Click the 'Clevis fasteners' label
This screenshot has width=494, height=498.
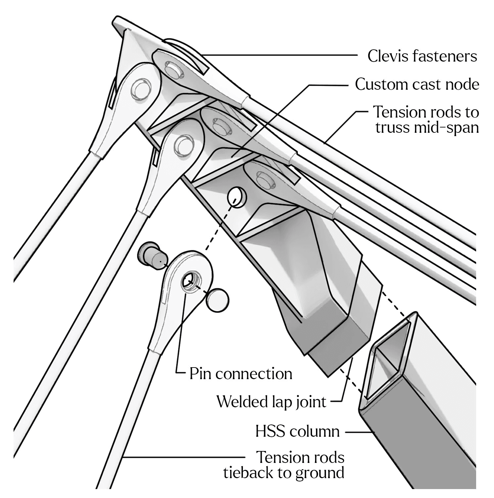pyautogui.click(x=422, y=56)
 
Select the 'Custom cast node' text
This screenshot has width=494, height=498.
pyautogui.click(x=417, y=84)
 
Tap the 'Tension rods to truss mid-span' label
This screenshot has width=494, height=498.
pyautogui.click(x=426, y=120)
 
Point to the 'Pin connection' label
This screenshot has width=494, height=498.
pyautogui.click(x=241, y=374)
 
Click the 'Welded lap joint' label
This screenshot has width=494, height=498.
pyautogui.click(x=271, y=402)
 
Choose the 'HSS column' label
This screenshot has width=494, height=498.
pyautogui.click(x=297, y=431)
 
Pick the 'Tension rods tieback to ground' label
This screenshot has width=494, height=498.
pyautogui.click(x=284, y=465)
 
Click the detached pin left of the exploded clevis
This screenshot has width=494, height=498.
pyautogui.click(x=150, y=255)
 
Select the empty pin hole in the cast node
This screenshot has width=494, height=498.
pyautogui.click(x=237, y=197)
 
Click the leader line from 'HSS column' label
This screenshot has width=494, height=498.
pyautogui.click(x=359, y=432)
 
